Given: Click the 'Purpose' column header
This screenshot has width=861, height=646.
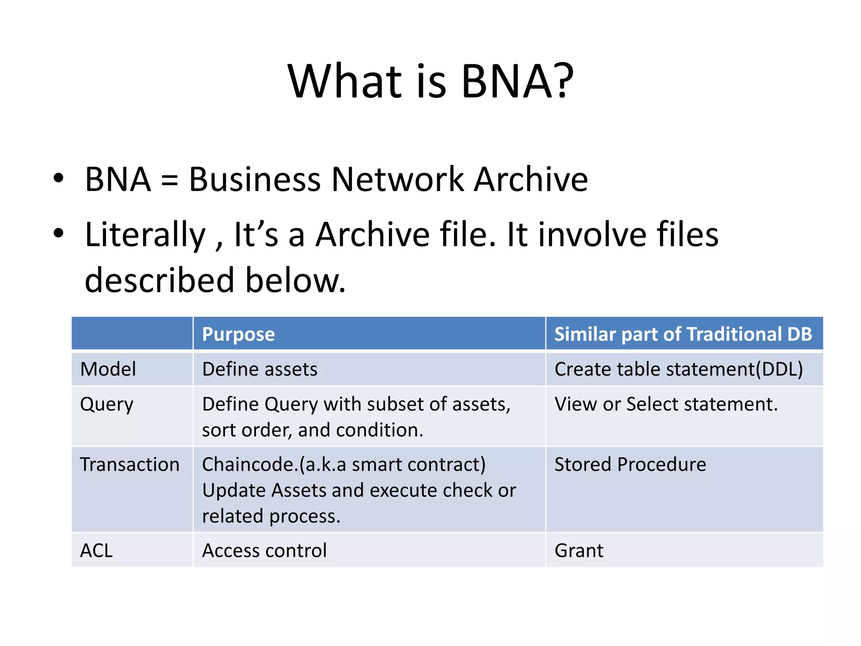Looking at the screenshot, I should (x=238, y=334).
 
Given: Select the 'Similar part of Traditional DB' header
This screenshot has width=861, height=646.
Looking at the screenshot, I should (x=683, y=334).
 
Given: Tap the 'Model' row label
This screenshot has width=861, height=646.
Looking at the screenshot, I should (x=108, y=369).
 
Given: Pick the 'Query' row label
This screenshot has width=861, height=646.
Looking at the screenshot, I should (x=107, y=405).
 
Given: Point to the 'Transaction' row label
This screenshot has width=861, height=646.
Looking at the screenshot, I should (x=129, y=465).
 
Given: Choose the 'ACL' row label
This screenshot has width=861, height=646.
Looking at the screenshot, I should (x=97, y=551).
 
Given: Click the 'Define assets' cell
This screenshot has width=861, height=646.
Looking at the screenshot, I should (x=260, y=369).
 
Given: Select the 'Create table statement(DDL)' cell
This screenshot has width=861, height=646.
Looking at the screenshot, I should (x=679, y=369).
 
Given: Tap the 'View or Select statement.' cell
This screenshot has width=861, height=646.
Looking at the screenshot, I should (x=666, y=404).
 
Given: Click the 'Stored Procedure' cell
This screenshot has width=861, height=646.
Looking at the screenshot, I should (x=630, y=465).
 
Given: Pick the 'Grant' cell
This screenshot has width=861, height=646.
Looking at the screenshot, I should (x=579, y=551).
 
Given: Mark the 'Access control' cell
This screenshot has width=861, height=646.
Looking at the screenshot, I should (x=264, y=551).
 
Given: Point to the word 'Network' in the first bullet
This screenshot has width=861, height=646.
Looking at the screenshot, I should (x=398, y=180).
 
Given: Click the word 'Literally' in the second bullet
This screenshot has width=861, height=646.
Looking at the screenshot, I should (x=145, y=235).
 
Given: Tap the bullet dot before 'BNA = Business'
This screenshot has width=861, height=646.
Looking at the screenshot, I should (x=58, y=178).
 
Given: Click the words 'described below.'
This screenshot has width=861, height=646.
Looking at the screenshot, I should (x=215, y=280).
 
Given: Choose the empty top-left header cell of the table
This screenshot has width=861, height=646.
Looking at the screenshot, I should (x=132, y=334).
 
